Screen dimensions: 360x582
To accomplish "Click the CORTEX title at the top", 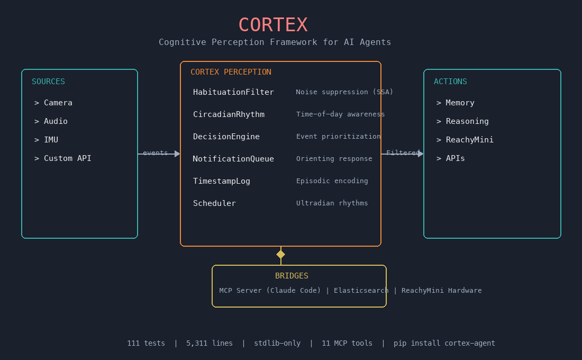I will click(272, 25).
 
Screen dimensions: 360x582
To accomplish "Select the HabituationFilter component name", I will click(233, 92).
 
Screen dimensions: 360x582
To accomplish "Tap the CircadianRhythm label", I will click(229, 114).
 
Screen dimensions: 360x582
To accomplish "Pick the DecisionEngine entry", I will click(226, 137).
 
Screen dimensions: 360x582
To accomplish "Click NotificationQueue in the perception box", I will click(233, 159).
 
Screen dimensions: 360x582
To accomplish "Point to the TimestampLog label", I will click(221, 181).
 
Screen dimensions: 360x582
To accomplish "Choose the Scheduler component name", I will click(214, 203).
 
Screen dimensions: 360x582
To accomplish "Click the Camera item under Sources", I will click(58, 103).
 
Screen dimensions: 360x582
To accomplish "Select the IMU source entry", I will click(51, 140).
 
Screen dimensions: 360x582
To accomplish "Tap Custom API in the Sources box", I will click(67, 158).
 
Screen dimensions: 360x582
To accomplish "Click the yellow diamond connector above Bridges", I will click(280, 255).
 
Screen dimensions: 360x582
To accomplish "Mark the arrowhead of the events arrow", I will click(177, 154).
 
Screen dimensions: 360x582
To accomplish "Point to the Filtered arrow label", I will click(403, 153).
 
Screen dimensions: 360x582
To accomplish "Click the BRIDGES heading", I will click(292, 276).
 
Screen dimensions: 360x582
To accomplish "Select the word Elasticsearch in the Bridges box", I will click(361, 291).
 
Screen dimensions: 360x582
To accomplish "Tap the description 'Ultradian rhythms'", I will click(332, 203).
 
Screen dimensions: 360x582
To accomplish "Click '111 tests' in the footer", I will click(146, 343).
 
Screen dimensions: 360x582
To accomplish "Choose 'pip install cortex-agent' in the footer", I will click(444, 343).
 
